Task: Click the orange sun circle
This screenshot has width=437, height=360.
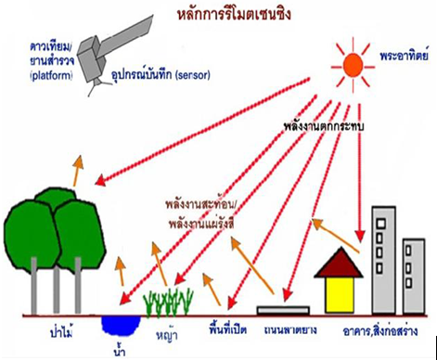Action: (x=353, y=63)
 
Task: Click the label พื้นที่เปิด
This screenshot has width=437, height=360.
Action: (x=229, y=328)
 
